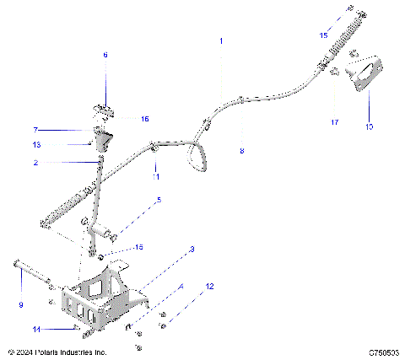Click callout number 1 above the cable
pos(222,40)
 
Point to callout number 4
pos(180,287)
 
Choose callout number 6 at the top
pos(105,55)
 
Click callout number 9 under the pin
pos(21,304)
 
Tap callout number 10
pos(368,127)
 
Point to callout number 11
pos(155,178)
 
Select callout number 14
pos(35,328)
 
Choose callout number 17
pos(335,122)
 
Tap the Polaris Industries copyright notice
pos(57,351)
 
